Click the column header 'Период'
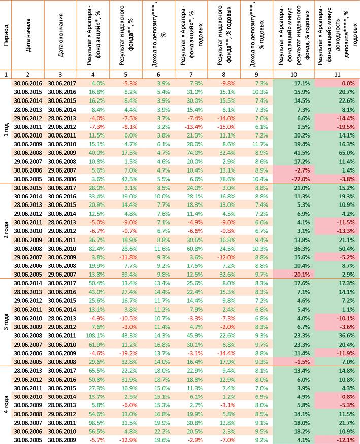pos(6,36)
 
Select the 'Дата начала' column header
pos(28,36)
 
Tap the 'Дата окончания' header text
pos(60,35)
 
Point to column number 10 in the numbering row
pos(293,74)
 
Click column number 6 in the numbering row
pos(158,74)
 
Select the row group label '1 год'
pos(6,130)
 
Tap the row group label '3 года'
pos(6,322)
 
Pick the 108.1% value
pos(95,335)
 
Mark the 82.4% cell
pos(97,249)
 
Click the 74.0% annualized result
pos(195,153)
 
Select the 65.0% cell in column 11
pos(347,153)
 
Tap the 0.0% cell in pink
pos(348,83)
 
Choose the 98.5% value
pos(97,423)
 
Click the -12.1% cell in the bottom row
pos(346,440)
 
